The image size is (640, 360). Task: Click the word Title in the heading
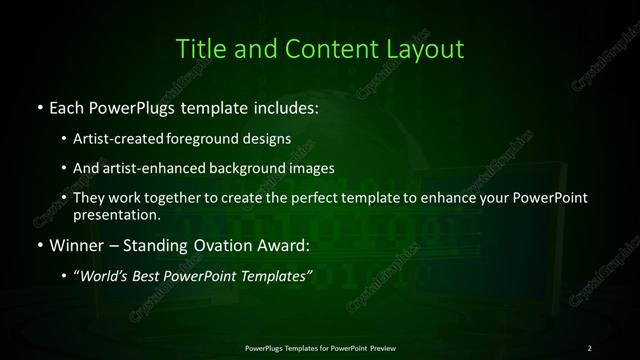click(199, 49)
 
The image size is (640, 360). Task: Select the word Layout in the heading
click(427, 49)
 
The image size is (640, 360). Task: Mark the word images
click(313, 168)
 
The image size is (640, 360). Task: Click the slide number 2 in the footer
click(590, 347)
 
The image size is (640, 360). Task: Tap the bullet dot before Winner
click(38, 244)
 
